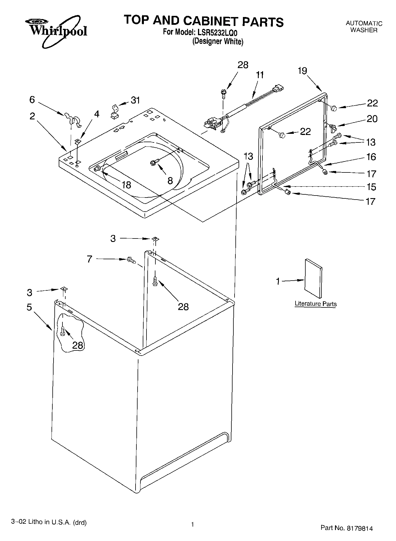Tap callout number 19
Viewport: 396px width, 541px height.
[x=302, y=71]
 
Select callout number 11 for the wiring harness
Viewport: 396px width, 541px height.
[x=260, y=75]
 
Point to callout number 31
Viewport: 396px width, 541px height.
[x=135, y=100]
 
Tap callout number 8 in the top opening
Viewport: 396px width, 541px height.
[x=170, y=181]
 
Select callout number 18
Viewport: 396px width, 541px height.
[x=126, y=185]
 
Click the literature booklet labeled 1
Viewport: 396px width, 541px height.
[x=313, y=278]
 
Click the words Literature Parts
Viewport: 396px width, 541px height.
[x=315, y=304]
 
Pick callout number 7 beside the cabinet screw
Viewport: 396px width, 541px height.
[x=90, y=259]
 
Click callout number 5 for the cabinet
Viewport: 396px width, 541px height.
[x=29, y=307]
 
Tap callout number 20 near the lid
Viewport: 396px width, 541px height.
[x=372, y=119]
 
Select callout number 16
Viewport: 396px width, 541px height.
[x=371, y=157]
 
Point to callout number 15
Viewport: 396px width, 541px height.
[x=372, y=187]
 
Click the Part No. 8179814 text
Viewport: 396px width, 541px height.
[x=346, y=528]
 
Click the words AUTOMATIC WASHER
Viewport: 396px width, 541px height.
[x=364, y=27]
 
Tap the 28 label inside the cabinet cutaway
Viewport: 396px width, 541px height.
[x=78, y=345]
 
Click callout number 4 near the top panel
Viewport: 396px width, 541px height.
[x=97, y=114]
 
